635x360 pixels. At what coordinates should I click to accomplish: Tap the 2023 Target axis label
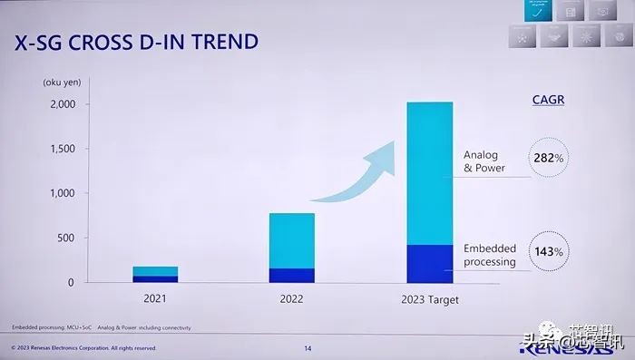[429, 299]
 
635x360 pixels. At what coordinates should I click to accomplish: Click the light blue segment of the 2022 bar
[292, 240]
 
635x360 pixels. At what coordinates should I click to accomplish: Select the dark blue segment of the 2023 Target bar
[429, 264]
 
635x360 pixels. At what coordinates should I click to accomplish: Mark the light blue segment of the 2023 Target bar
[429, 172]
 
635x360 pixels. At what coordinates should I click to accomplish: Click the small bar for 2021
[155, 275]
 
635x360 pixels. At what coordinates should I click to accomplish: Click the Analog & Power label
[484, 161]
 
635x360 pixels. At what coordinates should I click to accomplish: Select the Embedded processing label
[490, 255]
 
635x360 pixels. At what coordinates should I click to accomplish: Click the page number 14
[308, 347]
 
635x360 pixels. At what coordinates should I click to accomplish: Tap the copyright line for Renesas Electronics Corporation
[83, 347]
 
